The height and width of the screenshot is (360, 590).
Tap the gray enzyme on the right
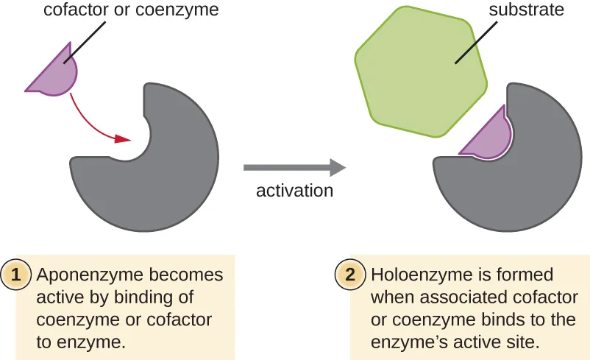coord(515,191)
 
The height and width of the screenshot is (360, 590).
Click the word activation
coord(294,191)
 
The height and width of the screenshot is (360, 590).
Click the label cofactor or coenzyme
coord(131,11)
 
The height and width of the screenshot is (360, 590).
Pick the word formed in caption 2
coord(528,275)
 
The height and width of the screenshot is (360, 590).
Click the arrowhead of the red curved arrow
coord(123,138)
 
